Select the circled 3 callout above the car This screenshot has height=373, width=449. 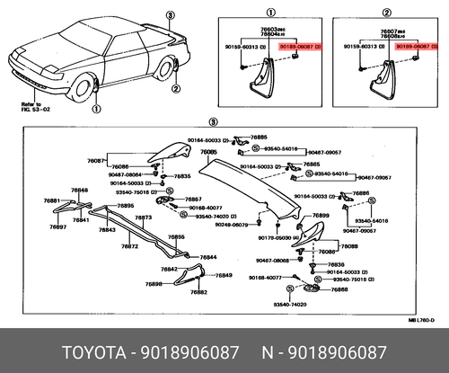coord(170,15)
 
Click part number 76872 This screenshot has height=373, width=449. coord(129,245)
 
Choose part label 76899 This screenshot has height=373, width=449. coord(320,216)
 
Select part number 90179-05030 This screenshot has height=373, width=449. coord(273,237)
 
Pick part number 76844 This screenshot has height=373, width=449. coord(208,257)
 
